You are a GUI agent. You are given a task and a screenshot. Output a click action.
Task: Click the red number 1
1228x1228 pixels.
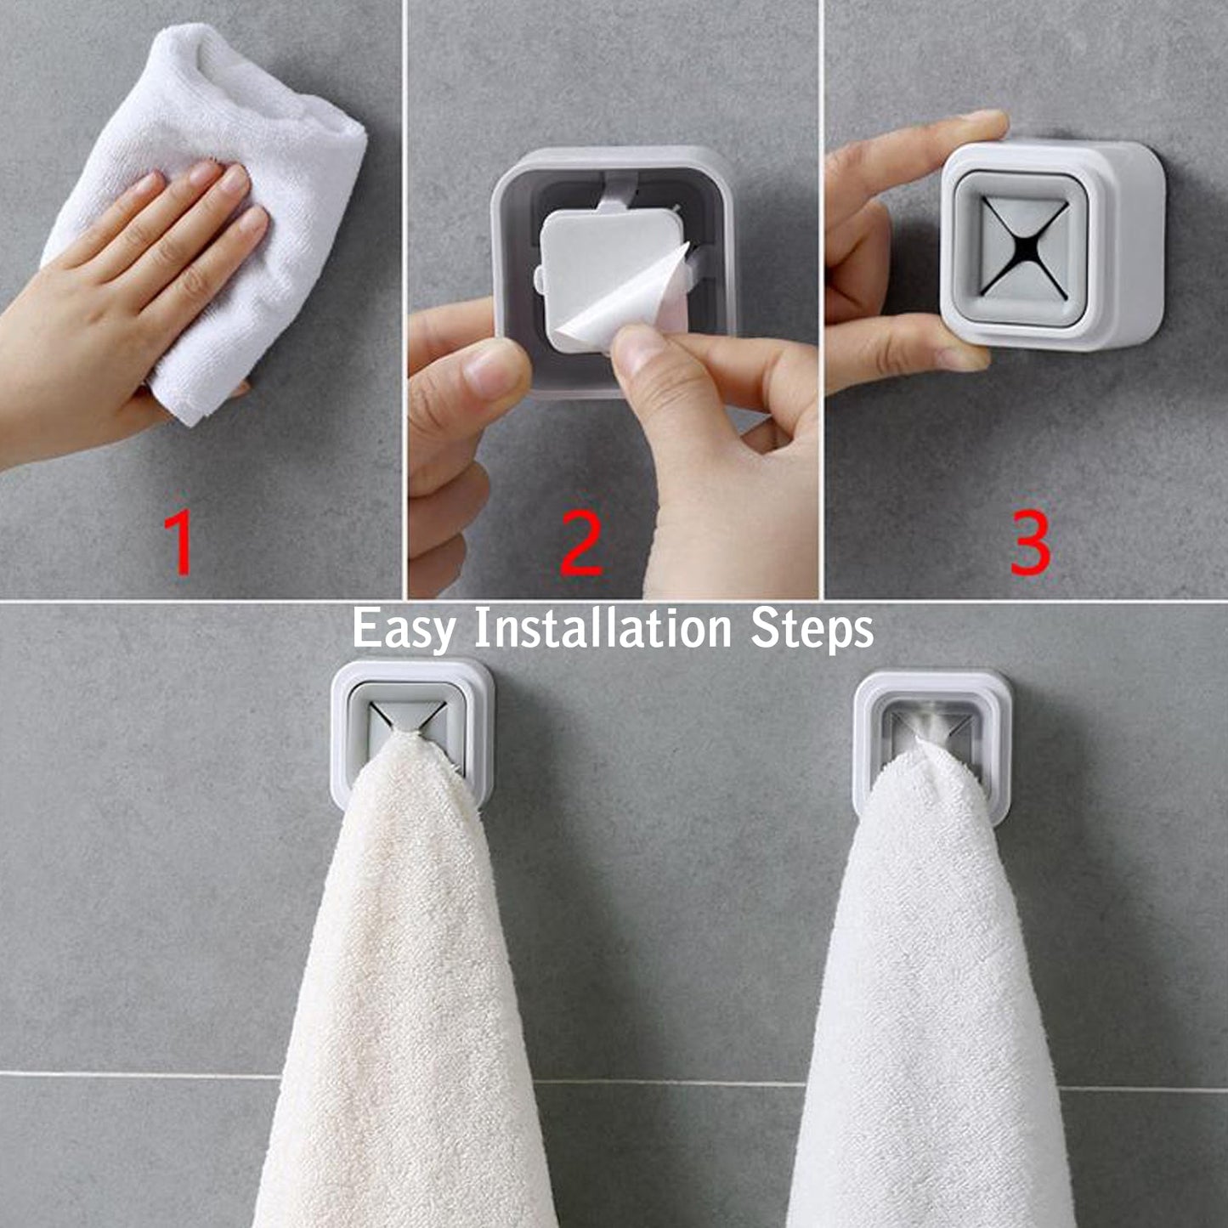(180, 544)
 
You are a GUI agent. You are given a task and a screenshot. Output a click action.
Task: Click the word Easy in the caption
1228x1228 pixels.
(403, 630)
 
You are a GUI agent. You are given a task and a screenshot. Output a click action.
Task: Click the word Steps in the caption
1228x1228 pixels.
(812, 630)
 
